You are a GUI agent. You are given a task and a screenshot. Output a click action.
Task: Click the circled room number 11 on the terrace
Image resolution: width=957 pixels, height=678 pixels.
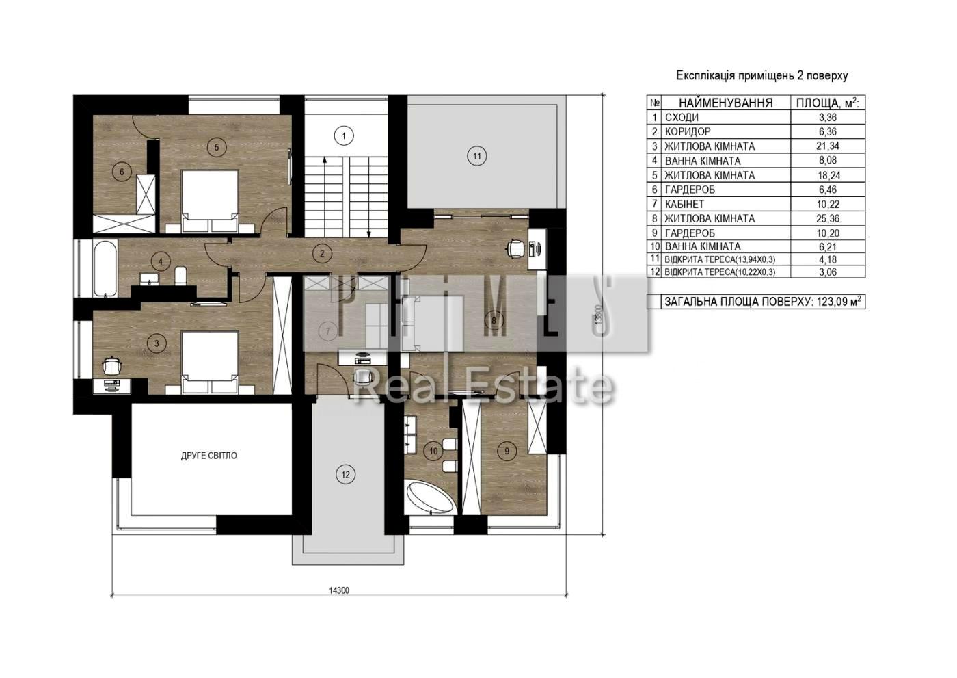pyautogui.click(x=477, y=156)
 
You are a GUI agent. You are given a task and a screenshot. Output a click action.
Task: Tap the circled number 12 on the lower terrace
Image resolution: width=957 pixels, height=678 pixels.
pyautogui.click(x=346, y=474)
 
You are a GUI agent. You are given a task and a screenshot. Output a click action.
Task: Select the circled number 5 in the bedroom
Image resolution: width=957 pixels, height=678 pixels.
pyautogui.click(x=217, y=147)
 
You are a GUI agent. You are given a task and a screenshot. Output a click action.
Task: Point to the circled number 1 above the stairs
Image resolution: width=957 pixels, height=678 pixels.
pyautogui.click(x=344, y=136)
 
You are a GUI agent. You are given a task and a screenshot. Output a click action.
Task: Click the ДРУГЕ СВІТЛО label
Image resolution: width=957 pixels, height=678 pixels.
pyautogui.click(x=209, y=456)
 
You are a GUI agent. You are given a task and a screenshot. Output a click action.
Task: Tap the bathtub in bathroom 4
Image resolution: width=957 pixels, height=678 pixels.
pyautogui.click(x=105, y=268)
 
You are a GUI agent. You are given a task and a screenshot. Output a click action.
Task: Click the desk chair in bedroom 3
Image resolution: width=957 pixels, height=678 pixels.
pyautogui.click(x=112, y=366)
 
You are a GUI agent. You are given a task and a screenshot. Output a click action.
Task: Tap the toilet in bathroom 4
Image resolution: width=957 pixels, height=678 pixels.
pyautogui.click(x=180, y=276)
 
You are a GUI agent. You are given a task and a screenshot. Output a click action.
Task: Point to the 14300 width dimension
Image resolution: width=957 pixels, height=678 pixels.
pyautogui.click(x=339, y=590)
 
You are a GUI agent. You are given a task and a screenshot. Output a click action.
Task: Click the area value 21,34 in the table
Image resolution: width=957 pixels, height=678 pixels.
pyautogui.click(x=828, y=146)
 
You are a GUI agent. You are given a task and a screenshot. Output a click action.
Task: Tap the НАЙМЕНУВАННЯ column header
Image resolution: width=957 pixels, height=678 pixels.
pyautogui.click(x=726, y=103)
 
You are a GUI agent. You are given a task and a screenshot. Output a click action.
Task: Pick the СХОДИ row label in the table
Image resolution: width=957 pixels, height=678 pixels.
pyautogui.click(x=682, y=117)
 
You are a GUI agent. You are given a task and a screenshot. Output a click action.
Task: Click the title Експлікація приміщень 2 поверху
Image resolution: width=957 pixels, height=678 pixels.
pyautogui.click(x=761, y=76)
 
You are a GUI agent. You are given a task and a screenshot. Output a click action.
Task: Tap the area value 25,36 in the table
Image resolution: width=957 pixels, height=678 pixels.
pyautogui.click(x=828, y=218)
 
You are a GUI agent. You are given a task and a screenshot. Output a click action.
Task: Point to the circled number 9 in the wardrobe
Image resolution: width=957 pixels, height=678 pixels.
pyautogui.click(x=507, y=451)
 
